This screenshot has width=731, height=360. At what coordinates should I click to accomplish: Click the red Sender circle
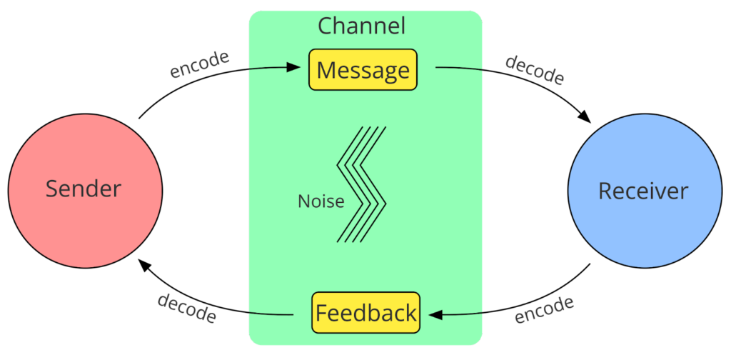[x=86, y=190]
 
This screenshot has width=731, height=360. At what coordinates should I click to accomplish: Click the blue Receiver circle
[x=645, y=190]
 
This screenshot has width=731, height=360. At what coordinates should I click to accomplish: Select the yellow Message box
[x=363, y=69]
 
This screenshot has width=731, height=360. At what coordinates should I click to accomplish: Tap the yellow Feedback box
[x=365, y=312]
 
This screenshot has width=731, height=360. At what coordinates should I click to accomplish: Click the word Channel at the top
[x=362, y=26]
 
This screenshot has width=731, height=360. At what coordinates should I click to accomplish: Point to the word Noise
[x=321, y=201]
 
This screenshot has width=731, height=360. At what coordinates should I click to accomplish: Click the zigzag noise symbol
[x=362, y=184]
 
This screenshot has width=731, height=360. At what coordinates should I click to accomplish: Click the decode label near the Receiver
[x=535, y=70]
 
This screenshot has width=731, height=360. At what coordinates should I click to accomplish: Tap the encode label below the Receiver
[x=544, y=309]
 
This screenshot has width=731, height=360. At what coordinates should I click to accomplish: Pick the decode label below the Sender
[x=187, y=308]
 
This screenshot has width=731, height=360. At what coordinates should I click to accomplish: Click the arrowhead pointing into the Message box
[x=293, y=67]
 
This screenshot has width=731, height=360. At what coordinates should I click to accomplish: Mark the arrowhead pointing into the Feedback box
[x=435, y=315]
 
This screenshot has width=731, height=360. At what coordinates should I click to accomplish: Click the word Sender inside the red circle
[x=84, y=189]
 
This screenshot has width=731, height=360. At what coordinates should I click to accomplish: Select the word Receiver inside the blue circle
[x=643, y=191]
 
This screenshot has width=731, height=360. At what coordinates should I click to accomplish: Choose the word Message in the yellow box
[x=363, y=71]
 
